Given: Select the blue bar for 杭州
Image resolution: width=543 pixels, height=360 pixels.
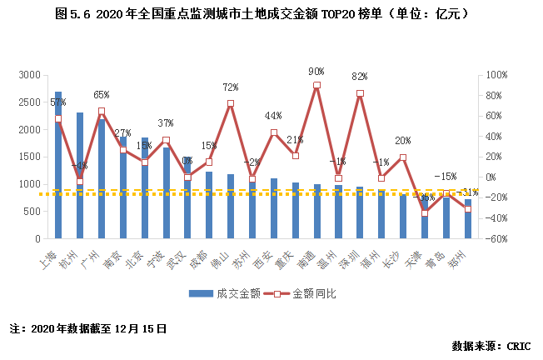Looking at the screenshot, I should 80,175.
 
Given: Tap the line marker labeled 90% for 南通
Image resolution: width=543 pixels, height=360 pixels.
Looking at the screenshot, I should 317,85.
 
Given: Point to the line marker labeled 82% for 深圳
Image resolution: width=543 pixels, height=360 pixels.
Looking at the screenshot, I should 360,93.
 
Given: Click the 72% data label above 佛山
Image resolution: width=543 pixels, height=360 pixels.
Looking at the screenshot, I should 231,87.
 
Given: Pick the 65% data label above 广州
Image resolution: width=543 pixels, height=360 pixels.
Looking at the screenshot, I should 102,95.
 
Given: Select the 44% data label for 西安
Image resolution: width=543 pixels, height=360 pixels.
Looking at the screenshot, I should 274,116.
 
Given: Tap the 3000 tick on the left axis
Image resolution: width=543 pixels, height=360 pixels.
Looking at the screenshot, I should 28,75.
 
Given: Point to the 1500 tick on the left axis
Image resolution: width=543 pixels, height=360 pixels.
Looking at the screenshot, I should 28,157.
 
